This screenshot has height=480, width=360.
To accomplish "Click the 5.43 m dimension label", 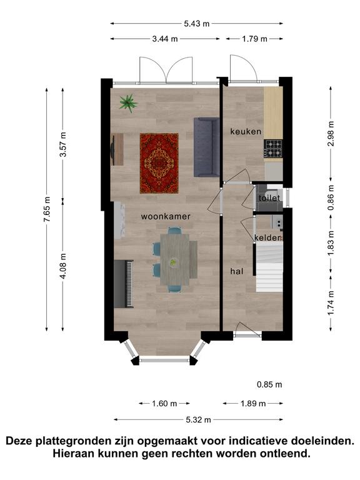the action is click(x=196, y=24).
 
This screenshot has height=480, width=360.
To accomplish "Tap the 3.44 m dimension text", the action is click(x=165, y=39).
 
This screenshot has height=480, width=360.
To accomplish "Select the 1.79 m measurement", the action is click(x=254, y=39).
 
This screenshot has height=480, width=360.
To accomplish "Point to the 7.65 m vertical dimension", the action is click(x=47, y=210).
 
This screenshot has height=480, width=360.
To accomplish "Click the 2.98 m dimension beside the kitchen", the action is click(x=331, y=134).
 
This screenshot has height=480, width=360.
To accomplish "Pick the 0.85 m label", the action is click(x=269, y=384).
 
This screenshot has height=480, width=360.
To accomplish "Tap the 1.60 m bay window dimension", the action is click(x=164, y=404).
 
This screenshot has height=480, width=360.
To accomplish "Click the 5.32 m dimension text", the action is click(x=198, y=420).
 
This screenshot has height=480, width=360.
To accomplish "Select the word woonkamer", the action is click(x=166, y=216).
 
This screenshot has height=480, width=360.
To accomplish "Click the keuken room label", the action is click(x=246, y=132).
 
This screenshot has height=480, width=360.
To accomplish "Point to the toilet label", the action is click(x=269, y=198).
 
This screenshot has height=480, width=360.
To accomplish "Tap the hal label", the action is click(x=237, y=271).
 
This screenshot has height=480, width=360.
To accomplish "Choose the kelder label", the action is click(x=267, y=238).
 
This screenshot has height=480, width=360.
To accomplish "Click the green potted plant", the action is click(x=128, y=103).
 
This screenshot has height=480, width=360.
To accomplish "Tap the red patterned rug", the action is click(x=159, y=163).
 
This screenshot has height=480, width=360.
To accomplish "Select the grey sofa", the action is click(x=207, y=147).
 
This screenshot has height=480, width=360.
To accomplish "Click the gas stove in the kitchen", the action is click(x=273, y=149).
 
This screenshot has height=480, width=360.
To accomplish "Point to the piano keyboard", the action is click(x=124, y=284).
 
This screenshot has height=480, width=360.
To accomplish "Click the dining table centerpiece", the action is click(x=173, y=262).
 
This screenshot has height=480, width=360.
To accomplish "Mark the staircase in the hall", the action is click(x=269, y=267).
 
